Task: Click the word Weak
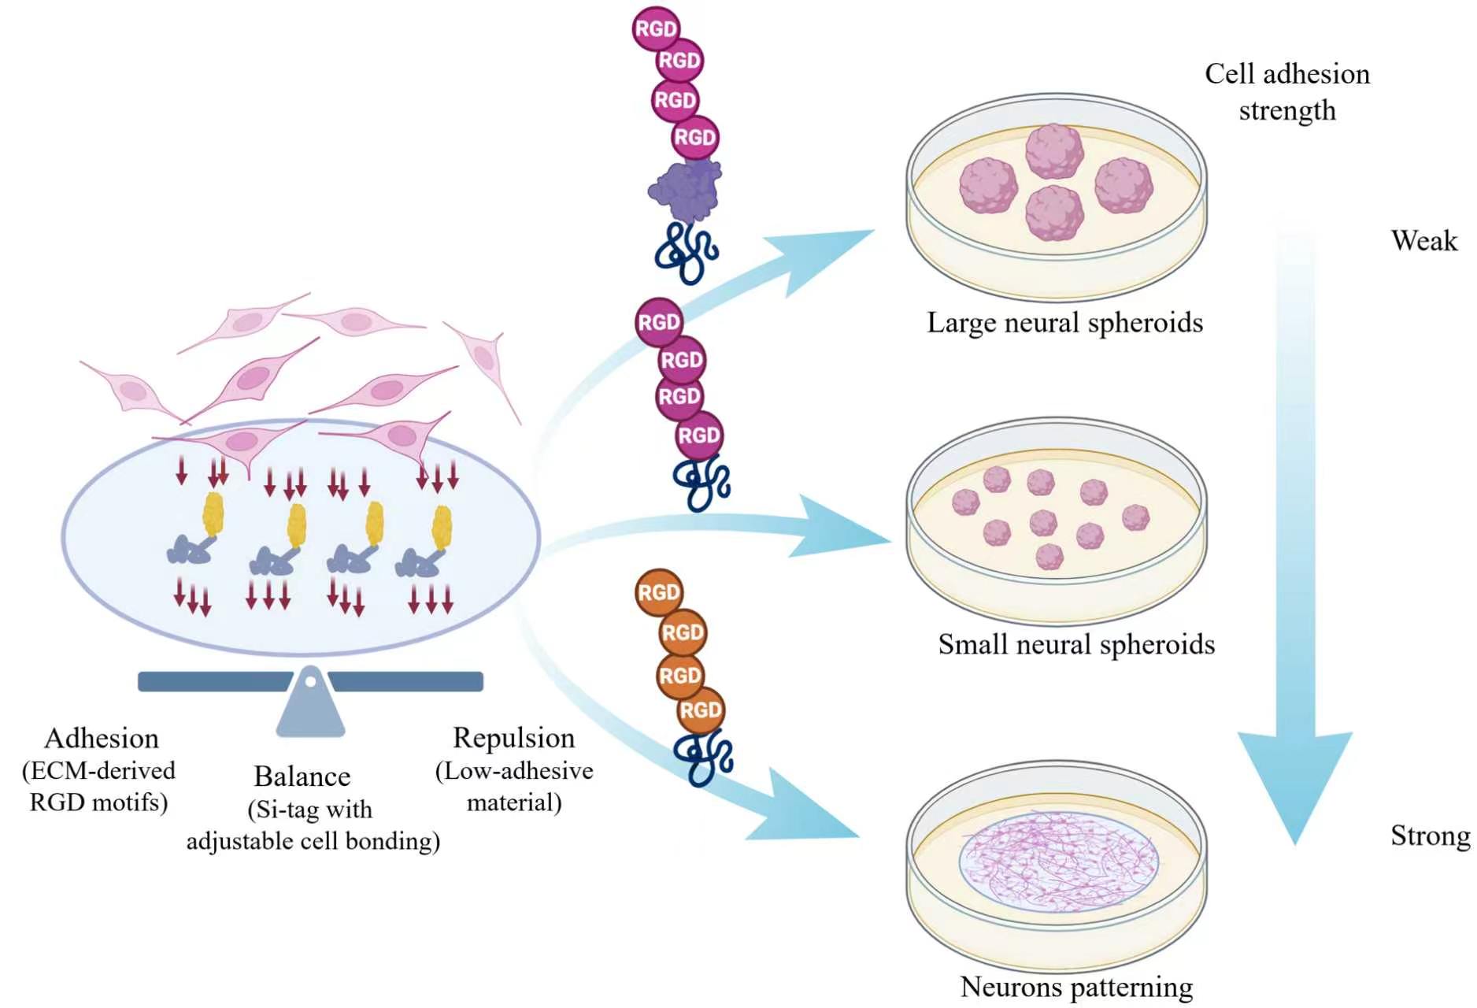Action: click(x=1423, y=240)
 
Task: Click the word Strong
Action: click(x=1429, y=836)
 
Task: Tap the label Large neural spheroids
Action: click(x=1064, y=323)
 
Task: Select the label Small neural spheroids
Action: click(x=1075, y=644)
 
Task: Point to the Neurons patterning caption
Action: click(x=1075, y=987)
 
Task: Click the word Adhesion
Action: click(x=102, y=739)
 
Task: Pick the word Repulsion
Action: click(x=513, y=738)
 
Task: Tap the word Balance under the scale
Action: click(x=302, y=776)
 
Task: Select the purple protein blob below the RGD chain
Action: click(x=686, y=190)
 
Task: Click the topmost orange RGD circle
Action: click(x=659, y=592)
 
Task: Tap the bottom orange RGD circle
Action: click(x=700, y=711)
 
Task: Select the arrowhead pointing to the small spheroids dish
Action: click(x=842, y=525)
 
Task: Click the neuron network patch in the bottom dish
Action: click(x=1059, y=862)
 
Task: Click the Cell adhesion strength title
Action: click(x=1287, y=92)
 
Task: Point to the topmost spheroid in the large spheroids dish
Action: click(x=1054, y=150)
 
